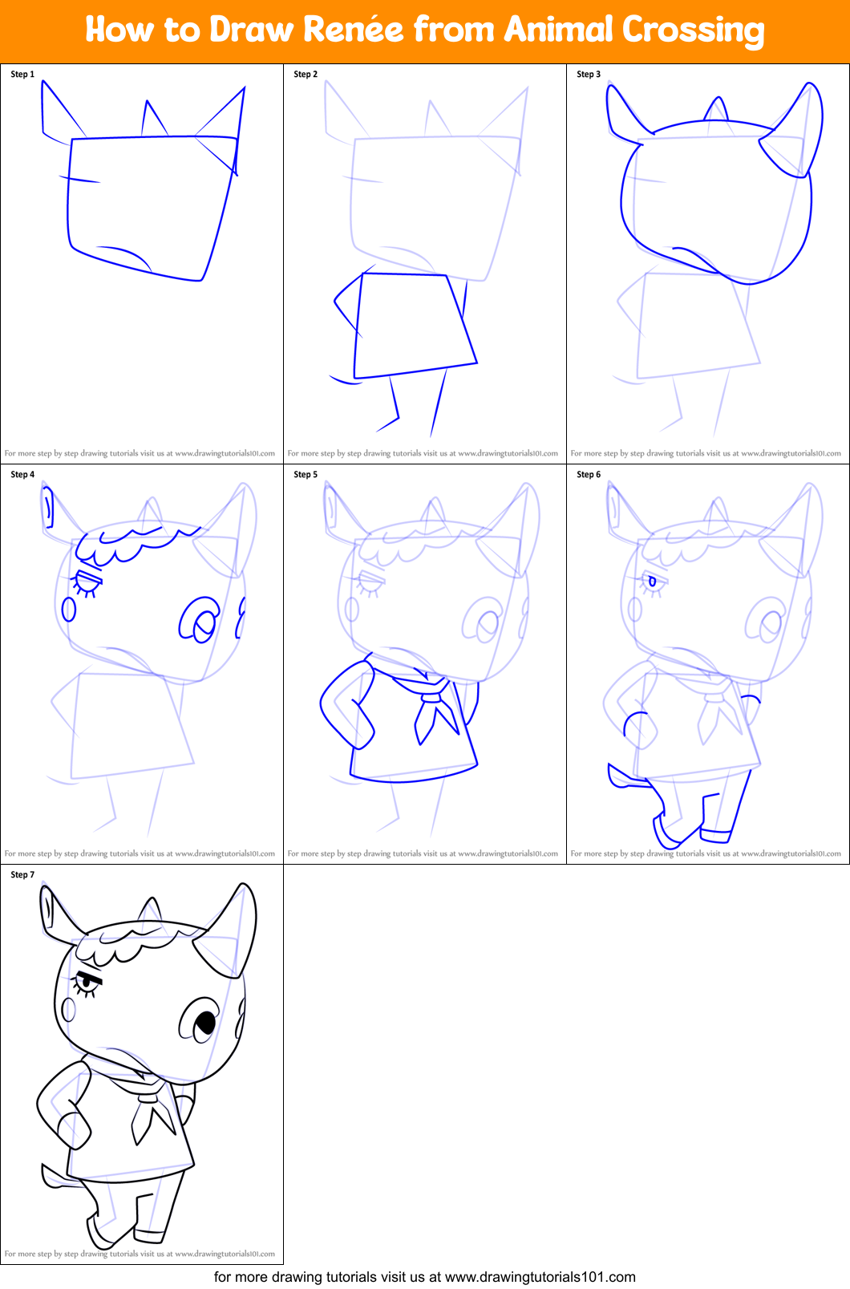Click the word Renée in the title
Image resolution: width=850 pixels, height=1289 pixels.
tap(353, 30)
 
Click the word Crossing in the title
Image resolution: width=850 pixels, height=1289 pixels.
tap(693, 30)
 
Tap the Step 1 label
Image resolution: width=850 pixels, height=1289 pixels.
tap(22, 74)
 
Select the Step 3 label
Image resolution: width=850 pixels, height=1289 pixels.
tap(589, 74)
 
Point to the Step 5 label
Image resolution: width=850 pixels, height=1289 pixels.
tap(306, 474)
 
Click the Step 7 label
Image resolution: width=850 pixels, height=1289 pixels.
tap(22, 874)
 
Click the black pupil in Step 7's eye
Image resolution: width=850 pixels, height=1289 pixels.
tap(206, 1023)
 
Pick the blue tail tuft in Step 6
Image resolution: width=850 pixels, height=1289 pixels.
tap(621, 776)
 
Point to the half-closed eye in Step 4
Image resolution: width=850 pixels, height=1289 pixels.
tap(87, 583)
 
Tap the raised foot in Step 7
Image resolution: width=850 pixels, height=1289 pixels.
tap(99, 1231)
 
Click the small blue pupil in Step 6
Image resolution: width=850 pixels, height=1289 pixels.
tap(652, 582)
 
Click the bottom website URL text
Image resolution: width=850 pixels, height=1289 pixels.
tap(425, 1277)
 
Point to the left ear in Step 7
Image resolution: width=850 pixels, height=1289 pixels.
tap(50, 910)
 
